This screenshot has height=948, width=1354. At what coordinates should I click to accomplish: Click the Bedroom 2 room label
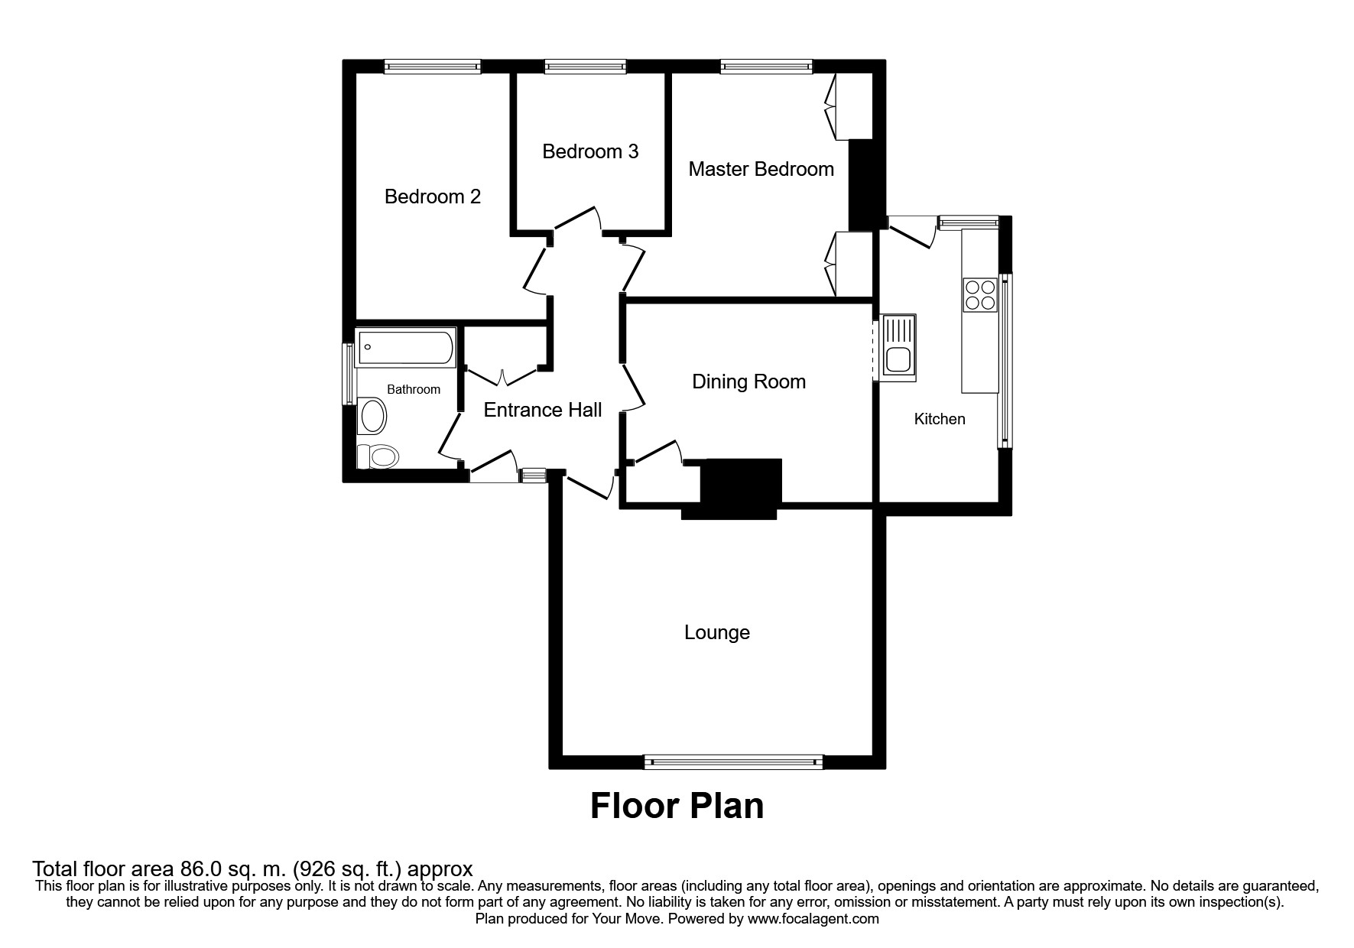(433, 197)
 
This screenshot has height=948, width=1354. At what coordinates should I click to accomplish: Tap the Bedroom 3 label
(590, 151)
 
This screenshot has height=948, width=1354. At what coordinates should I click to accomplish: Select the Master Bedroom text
(761, 169)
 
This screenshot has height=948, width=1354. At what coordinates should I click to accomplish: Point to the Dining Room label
(748, 381)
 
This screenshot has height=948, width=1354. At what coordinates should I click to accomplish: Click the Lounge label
(716, 633)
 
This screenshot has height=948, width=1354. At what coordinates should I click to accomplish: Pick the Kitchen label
(940, 419)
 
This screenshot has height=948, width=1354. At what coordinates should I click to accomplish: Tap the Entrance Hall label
(543, 411)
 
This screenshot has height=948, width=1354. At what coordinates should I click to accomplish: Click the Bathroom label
(414, 390)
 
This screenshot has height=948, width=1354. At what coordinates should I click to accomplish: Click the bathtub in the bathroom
(406, 347)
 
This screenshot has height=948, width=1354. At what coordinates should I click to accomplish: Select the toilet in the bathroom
(378, 457)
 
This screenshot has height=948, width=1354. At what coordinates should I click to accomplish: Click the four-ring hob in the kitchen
(980, 295)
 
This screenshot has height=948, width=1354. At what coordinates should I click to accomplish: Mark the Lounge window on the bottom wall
(733, 761)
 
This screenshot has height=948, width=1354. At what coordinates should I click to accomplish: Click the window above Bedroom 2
(433, 67)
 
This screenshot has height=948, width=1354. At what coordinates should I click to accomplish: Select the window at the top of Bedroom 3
(586, 67)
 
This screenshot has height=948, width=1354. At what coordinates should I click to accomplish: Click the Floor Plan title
(677, 807)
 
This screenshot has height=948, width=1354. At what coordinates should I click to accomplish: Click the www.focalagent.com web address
(813, 919)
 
